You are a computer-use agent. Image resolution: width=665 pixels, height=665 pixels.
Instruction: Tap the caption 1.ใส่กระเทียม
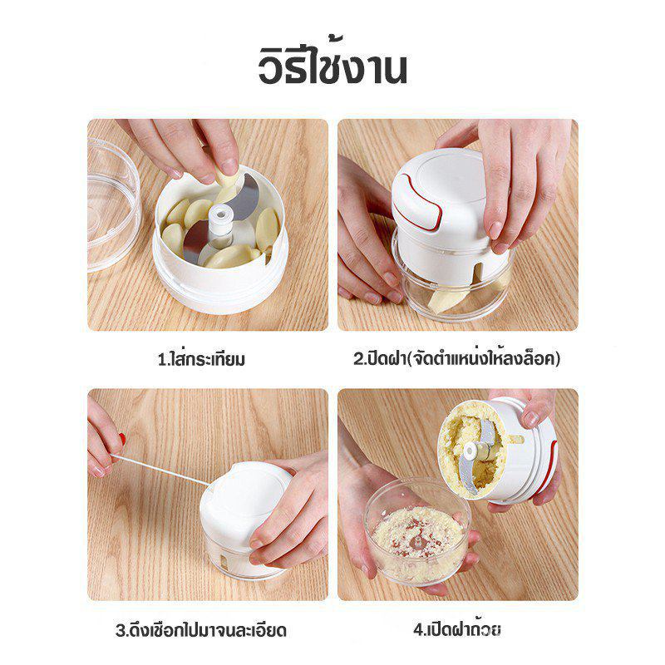pos(201,359)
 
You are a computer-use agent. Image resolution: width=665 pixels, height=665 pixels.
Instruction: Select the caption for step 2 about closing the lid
pos(456,358)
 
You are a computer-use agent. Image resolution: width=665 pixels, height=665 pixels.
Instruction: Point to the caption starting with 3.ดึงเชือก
pos(201,629)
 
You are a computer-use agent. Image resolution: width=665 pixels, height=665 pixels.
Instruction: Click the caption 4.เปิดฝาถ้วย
pos(456,628)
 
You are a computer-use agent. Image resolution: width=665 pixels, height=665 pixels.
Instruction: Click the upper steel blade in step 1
pos(245,196)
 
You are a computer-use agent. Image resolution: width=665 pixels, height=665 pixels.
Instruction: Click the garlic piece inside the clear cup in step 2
pos(442,300)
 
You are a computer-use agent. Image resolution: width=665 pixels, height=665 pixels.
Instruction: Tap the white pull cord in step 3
pos(160,470)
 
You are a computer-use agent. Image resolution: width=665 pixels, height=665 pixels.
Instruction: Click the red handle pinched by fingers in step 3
pos(122,440)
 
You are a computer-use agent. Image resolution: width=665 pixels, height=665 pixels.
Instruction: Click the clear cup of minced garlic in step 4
pos(418,531)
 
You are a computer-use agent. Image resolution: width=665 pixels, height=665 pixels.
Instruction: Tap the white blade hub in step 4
pos(470,451)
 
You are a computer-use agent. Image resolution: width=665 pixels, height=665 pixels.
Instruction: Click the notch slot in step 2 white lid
pos(478,274)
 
